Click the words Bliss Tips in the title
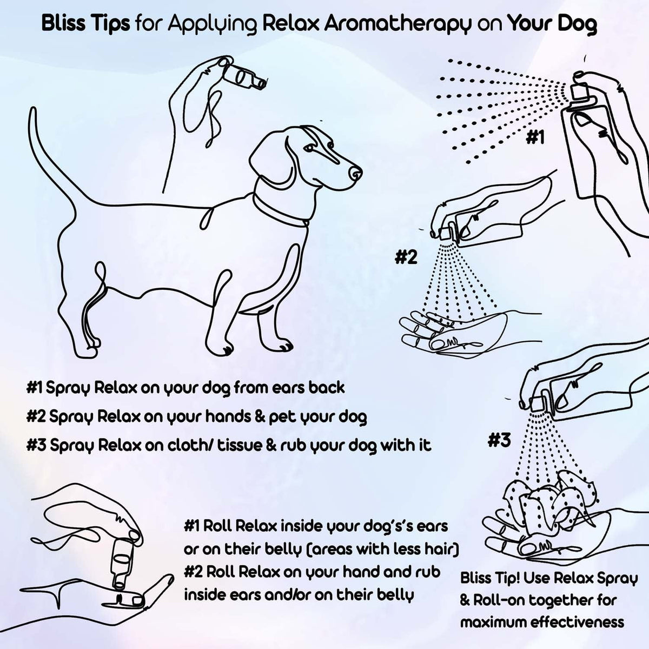click(x=85, y=24)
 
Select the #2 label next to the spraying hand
click(x=406, y=257)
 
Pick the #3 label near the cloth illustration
click(x=499, y=440)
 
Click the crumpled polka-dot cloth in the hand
click(x=541, y=500)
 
